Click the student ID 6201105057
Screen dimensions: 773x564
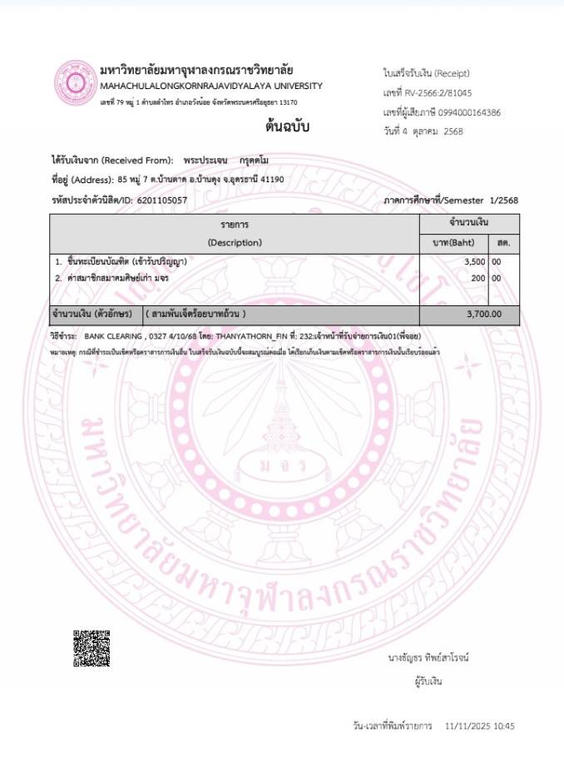point(161,200)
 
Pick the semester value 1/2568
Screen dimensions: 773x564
point(503,200)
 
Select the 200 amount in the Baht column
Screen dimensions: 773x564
point(477,278)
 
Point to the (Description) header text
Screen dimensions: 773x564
point(235,243)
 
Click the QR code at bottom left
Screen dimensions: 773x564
point(92,648)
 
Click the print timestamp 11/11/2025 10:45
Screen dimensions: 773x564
point(480,726)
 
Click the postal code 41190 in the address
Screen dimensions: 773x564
point(272,179)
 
